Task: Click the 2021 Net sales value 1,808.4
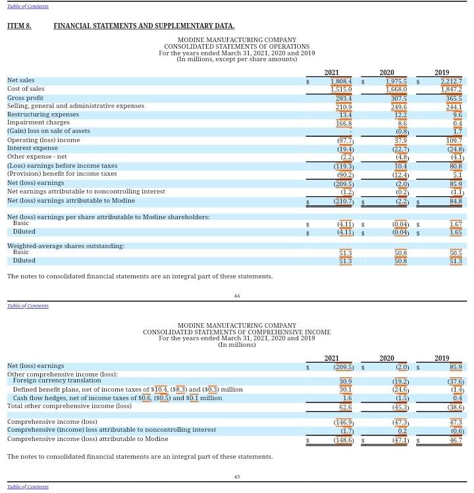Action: [341, 81]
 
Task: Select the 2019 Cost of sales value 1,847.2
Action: [451, 90]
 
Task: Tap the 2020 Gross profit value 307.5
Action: [396, 98]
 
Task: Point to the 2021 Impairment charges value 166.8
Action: [344, 123]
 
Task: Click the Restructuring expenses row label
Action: [43, 115]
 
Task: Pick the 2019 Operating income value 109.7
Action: [454, 140]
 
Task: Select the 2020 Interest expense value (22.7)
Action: [398, 149]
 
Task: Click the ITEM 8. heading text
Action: [19, 26]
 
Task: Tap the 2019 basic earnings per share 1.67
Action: [456, 224]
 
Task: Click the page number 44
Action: [237, 296]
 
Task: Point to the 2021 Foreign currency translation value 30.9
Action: [345, 381]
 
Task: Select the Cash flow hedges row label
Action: [117, 398]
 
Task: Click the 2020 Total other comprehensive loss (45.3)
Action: [398, 407]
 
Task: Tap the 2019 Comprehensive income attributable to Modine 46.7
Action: [456, 440]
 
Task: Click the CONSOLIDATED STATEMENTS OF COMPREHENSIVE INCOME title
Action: [237, 332]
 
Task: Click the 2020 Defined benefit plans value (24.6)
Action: [398, 390]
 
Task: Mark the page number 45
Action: [237, 477]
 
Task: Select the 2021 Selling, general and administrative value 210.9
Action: [344, 107]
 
